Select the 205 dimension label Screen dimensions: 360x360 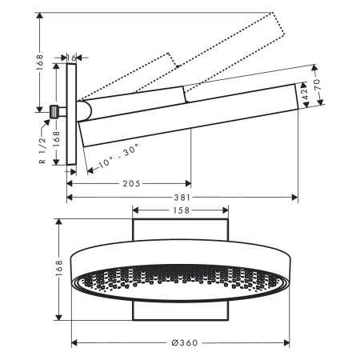pyautogui.click(x=131, y=183)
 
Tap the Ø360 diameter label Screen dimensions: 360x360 pyautogui.click(x=184, y=343)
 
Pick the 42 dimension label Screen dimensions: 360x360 pyautogui.click(x=303, y=93)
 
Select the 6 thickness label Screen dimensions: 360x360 pyautogui.click(x=74, y=58)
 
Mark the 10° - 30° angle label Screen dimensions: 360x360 pyautogui.click(x=115, y=154)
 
